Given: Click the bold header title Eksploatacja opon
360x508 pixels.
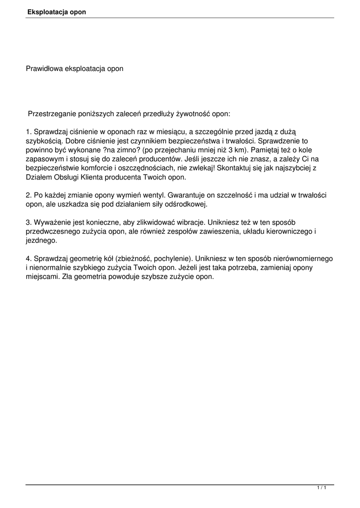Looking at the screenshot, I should pos(57,12).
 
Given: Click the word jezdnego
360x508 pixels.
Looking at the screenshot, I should pos(41,240).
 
